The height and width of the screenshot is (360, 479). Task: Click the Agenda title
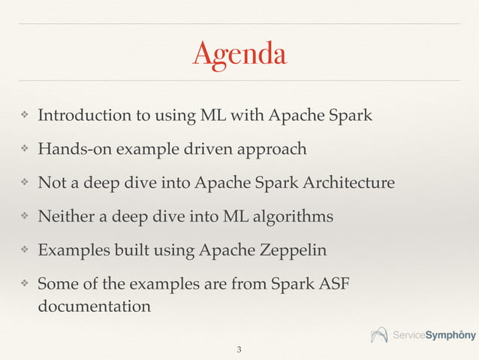(239, 54)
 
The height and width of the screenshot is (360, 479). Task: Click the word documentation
(93, 307)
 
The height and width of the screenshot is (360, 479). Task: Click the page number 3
(239, 349)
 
